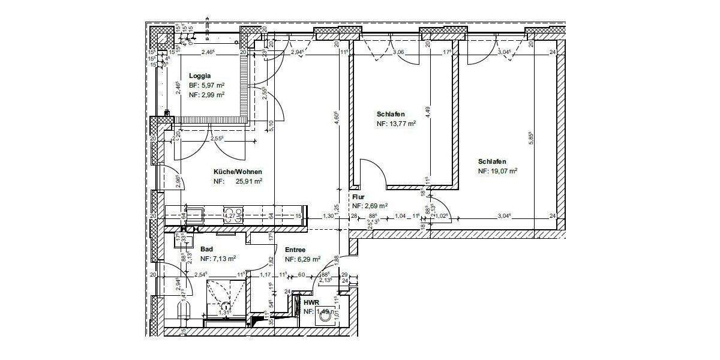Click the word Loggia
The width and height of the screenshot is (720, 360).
point(200,76)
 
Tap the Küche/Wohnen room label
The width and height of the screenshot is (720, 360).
point(238,172)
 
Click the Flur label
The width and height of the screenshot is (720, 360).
point(359,196)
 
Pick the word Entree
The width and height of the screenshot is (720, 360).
point(295,250)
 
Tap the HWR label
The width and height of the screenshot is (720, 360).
point(311,303)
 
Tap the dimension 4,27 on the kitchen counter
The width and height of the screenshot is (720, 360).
point(229,215)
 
